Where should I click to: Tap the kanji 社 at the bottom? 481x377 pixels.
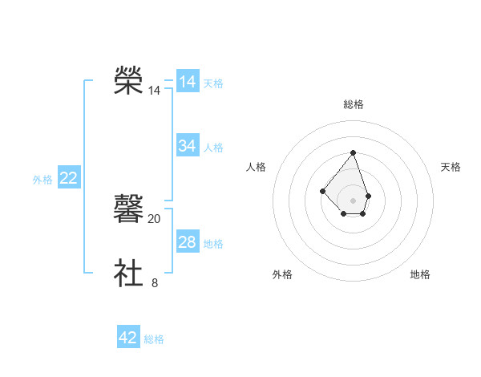[128, 273]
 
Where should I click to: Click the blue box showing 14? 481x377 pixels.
[188, 82]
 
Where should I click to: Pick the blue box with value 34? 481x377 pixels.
[188, 146]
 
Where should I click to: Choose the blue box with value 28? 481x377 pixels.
[188, 242]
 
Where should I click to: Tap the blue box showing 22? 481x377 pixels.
[68, 178]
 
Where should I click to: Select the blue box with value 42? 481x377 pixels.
[128, 338]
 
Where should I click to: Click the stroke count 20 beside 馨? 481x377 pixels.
[155, 218]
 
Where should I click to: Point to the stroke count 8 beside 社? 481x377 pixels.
[155, 282]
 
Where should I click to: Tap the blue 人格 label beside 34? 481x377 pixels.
[213, 148]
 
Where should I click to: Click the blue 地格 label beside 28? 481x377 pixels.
[213, 244]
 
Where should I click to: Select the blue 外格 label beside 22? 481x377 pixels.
[42, 180]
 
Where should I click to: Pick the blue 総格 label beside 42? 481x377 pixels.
[154, 339]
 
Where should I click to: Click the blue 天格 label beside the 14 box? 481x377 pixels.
[213, 83]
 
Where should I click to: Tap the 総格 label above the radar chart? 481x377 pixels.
[354, 104]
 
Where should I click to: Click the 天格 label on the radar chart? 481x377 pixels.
[451, 167]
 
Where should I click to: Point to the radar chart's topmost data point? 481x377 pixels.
[353, 152]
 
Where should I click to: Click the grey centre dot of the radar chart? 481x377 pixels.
[353, 200]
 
